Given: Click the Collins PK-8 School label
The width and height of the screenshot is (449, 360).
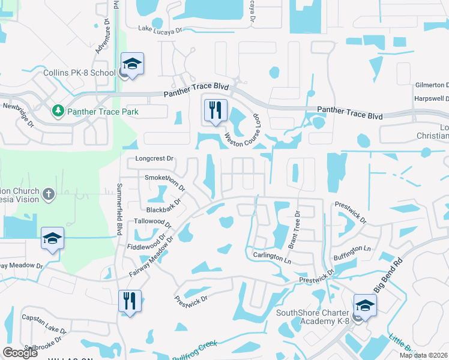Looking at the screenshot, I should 79,73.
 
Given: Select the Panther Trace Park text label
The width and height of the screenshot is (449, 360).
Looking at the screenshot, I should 103,112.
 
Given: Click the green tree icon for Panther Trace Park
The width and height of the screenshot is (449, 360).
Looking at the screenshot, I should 58,111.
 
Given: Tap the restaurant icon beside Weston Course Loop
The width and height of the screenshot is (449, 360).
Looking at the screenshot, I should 215,110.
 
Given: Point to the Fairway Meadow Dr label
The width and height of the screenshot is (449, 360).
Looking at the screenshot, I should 151,256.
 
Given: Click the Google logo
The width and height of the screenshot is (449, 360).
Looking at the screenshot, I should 20,353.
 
